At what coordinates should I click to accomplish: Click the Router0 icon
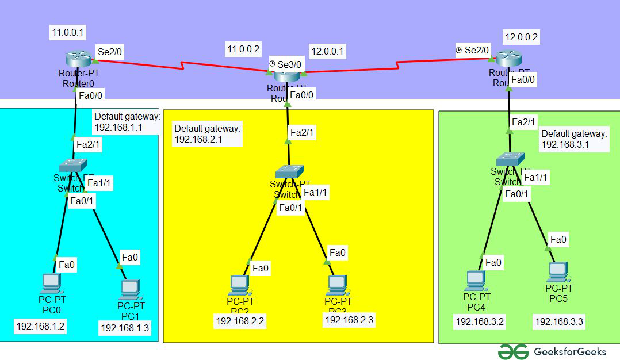click(x=78, y=59)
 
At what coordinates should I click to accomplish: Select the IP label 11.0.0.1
click(x=68, y=33)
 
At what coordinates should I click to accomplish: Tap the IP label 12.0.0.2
click(x=521, y=37)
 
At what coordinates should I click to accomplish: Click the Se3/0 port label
click(x=289, y=64)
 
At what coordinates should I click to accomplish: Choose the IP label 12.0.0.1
click(x=327, y=51)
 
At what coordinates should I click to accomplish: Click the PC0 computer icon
click(x=51, y=283)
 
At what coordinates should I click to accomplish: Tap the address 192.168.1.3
click(x=125, y=327)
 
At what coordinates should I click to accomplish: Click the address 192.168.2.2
click(x=239, y=321)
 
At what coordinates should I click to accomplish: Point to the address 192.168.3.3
click(x=559, y=321)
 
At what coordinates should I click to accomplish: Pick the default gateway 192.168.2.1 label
click(x=207, y=134)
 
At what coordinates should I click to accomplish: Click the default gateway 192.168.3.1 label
click(x=574, y=139)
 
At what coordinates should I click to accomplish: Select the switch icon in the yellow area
click(x=289, y=171)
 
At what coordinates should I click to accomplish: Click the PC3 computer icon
click(x=336, y=284)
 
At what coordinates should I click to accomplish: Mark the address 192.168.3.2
click(x=480, y=321)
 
